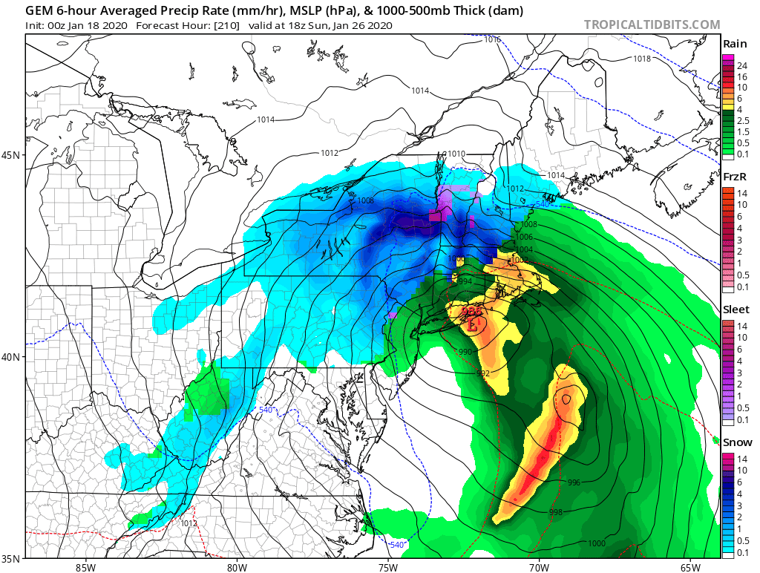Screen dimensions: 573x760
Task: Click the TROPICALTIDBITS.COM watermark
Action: point(652,24)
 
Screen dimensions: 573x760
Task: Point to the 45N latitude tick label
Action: point(12,155)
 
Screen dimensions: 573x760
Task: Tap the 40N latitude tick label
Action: point(12,357)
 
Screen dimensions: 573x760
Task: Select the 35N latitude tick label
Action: point(12,557)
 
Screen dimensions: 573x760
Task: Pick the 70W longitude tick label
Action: point(539,567)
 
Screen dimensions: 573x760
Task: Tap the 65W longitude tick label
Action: point(689,567)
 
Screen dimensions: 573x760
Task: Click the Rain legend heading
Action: point(734,45)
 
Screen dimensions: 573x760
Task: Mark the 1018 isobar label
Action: point(642,59)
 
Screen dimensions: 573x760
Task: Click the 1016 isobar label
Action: point(492,39)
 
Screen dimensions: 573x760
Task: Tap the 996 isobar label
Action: point(574,482)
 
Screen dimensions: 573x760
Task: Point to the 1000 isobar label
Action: point(596,543)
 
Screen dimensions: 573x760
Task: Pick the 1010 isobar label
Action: point(456,154)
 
